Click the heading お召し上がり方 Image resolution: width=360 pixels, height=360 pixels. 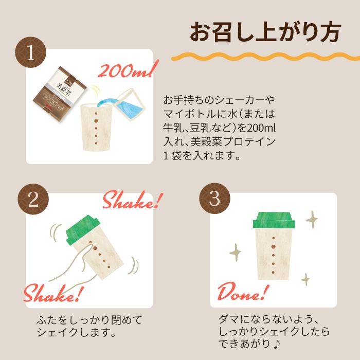click(265, 32)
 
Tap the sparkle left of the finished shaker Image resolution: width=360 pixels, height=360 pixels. click(235, 252)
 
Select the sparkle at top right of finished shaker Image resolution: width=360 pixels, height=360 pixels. click(312, 219)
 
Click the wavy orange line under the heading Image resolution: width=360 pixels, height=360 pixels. click(265, 56)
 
